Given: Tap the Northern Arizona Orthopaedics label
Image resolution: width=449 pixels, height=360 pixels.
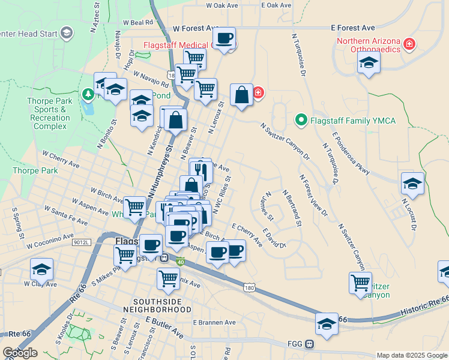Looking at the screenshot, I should point(367,46).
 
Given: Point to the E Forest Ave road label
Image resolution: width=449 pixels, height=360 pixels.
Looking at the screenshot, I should point(353,28).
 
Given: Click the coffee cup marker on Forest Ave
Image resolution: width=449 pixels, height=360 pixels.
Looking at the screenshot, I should point(224,39).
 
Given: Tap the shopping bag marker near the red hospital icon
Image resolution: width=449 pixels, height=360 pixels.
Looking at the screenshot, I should point(241,95).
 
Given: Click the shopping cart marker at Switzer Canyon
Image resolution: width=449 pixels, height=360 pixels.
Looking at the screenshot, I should point(360,283).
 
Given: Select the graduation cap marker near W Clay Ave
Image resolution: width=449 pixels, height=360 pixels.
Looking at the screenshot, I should point(41,269).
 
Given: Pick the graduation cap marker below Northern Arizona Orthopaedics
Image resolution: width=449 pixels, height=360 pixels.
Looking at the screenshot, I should point(369,62).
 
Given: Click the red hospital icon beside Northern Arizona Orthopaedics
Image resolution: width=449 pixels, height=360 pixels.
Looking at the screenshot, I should point(409,43).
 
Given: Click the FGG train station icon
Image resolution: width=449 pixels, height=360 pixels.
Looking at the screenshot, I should point(310,344).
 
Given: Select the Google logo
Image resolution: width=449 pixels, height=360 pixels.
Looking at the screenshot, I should point(20,353).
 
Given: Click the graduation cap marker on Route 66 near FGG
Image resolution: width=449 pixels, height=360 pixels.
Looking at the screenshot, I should point(327,323).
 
